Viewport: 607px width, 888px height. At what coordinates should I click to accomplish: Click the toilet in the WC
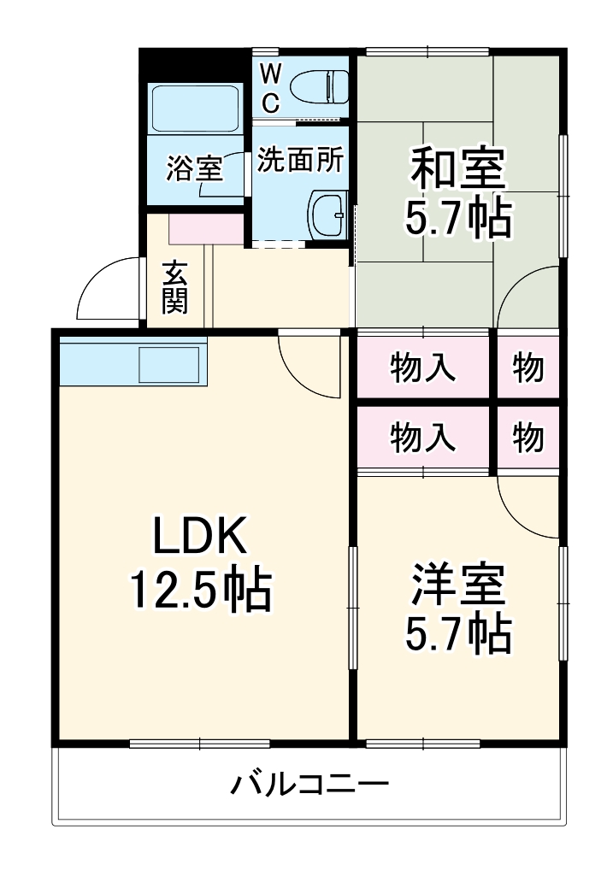318,86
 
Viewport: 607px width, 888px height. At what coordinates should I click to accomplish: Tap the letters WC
269,88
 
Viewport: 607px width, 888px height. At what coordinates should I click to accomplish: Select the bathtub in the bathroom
195,108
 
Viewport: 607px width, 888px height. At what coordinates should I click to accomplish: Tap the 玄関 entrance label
175,286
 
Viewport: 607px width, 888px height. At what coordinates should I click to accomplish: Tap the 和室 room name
458,168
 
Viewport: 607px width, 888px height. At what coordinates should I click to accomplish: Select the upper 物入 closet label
422,367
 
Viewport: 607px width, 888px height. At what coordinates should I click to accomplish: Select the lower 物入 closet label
422,437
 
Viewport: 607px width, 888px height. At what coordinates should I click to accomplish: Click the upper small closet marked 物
527,367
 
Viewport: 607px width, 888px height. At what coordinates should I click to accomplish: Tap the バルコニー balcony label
309,782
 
